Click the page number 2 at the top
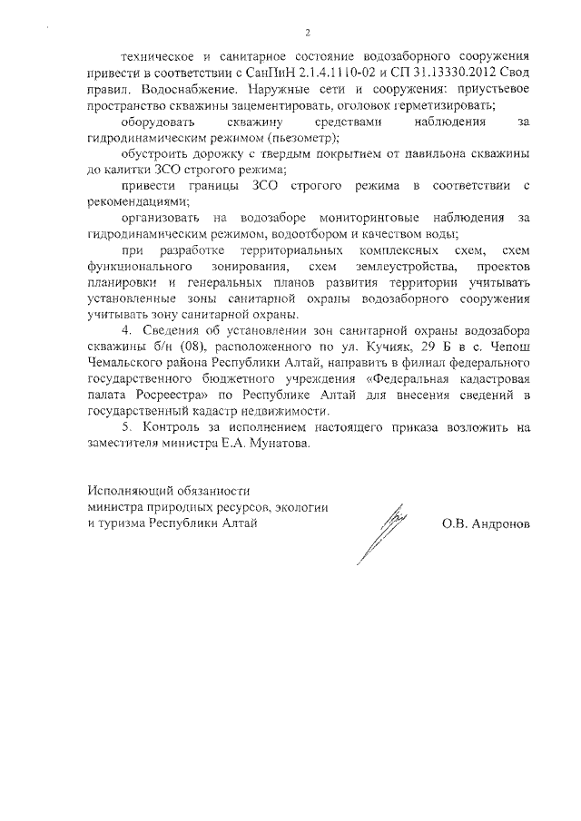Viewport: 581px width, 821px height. click(308, 33)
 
